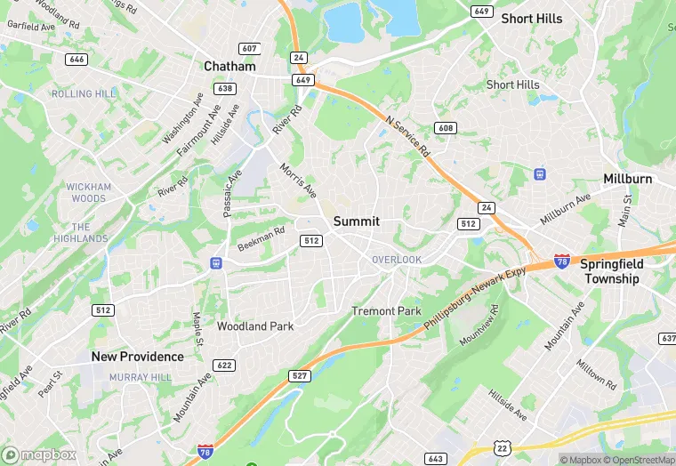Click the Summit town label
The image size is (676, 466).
coord(357,221)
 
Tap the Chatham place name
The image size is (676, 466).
coord(229,66)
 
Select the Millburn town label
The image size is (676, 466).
coord(627,179)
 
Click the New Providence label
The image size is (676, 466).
coord(138,357)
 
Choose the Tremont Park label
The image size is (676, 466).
coord(386,311)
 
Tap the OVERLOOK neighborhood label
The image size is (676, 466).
coord(397,260)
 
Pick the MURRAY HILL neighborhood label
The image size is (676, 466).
coord(140,377)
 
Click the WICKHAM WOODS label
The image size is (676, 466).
coord(90,192)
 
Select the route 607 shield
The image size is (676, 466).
coord(249,48)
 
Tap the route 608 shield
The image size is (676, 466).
coord(446,129)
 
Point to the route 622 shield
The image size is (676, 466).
coord(224,366)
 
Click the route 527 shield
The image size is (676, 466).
coord(300,376)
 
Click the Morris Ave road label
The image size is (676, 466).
coord(298,180)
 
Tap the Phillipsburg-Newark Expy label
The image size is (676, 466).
coord(475,298)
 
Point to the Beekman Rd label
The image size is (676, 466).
coord(261,238)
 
